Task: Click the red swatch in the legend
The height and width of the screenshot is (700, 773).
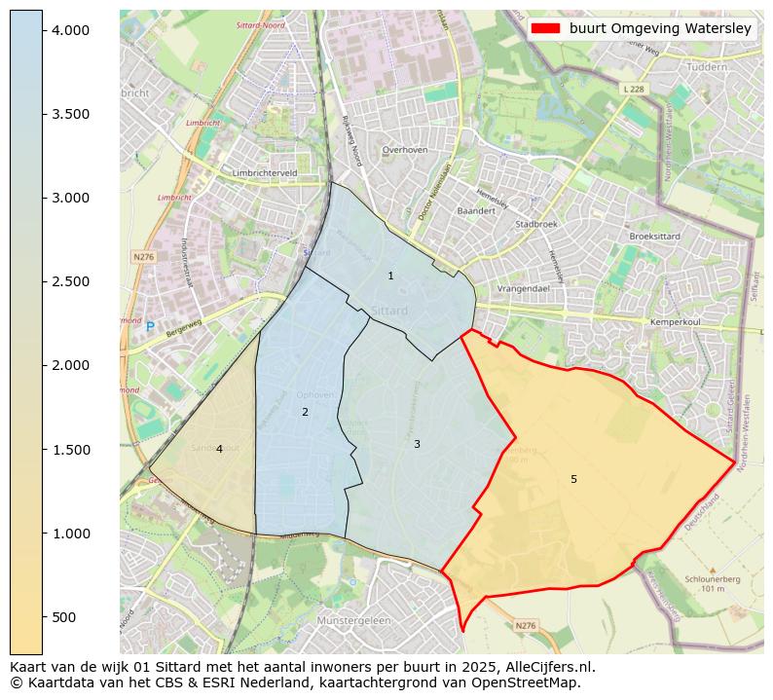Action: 546,28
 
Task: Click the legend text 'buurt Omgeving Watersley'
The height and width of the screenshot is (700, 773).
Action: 660,28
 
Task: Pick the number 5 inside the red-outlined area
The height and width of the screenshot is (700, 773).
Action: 573,479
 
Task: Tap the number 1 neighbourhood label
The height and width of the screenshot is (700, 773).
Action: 390,276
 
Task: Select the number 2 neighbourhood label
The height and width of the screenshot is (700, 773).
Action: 305,413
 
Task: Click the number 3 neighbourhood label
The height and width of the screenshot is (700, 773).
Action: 417,445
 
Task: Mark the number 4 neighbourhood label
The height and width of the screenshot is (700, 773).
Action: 219,449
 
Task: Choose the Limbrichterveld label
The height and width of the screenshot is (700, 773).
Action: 265,172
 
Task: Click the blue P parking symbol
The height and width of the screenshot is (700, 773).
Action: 150,327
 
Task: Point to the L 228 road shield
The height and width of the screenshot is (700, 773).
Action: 633,89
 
